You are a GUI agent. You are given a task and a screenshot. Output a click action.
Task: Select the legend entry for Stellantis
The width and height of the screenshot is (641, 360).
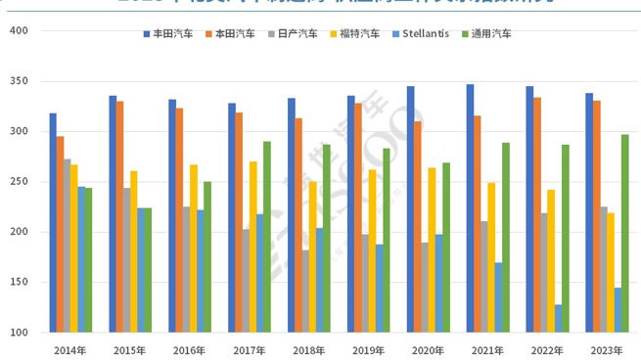420,33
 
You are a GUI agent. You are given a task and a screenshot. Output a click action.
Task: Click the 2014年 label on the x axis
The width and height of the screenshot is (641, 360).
69,349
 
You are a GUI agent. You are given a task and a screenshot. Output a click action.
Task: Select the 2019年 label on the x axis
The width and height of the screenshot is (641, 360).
367,349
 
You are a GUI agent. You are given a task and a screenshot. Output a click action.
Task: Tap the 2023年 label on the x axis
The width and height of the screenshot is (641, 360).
606,349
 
